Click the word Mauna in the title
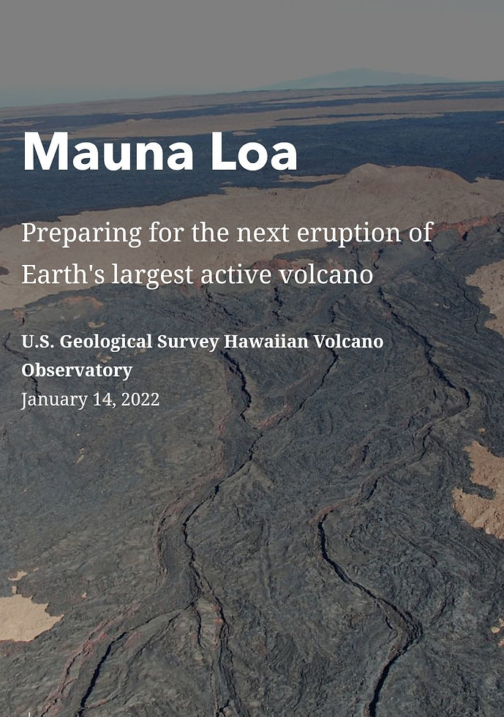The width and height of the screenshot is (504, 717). click(108, 151)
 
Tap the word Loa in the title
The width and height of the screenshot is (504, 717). click(254, 151)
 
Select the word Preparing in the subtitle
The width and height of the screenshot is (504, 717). click(81, 234)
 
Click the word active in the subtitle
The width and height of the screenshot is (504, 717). click(236, 275)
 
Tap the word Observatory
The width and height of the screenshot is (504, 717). click(77, 370)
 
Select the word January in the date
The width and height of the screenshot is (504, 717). click(54, 399)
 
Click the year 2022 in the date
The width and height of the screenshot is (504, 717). click(140, 399)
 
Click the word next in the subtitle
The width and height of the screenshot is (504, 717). click(263, 234)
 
